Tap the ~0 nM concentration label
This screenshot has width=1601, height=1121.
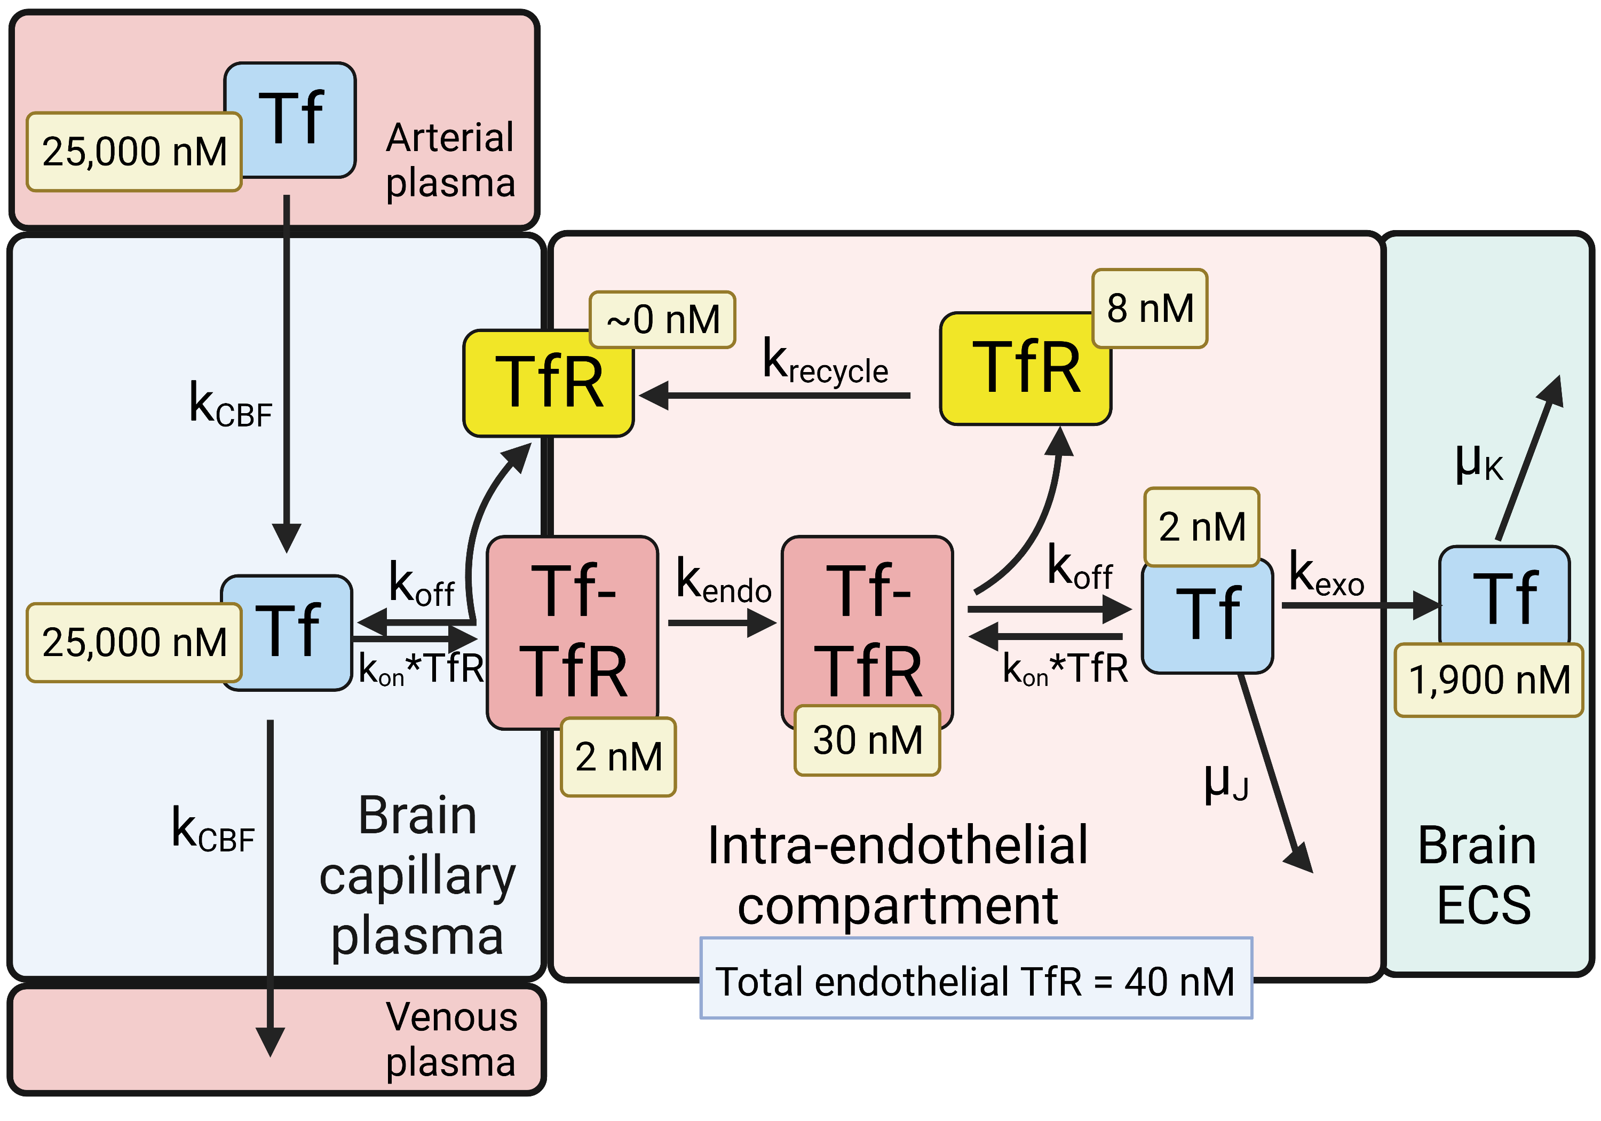(x=662, y=320)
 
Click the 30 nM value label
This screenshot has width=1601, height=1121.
(x=867, y=740)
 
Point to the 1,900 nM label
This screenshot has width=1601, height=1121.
(x=1489, y=680)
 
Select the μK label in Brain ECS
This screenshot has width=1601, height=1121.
(x=1478, y=464)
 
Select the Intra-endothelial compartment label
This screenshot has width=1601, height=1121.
(x=898, y=875)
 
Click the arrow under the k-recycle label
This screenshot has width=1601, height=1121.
(x=774, y=396)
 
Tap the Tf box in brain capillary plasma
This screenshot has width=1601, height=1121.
(x=287, y=631)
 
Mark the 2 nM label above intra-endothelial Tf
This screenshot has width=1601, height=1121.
(x=1201, y=527)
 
